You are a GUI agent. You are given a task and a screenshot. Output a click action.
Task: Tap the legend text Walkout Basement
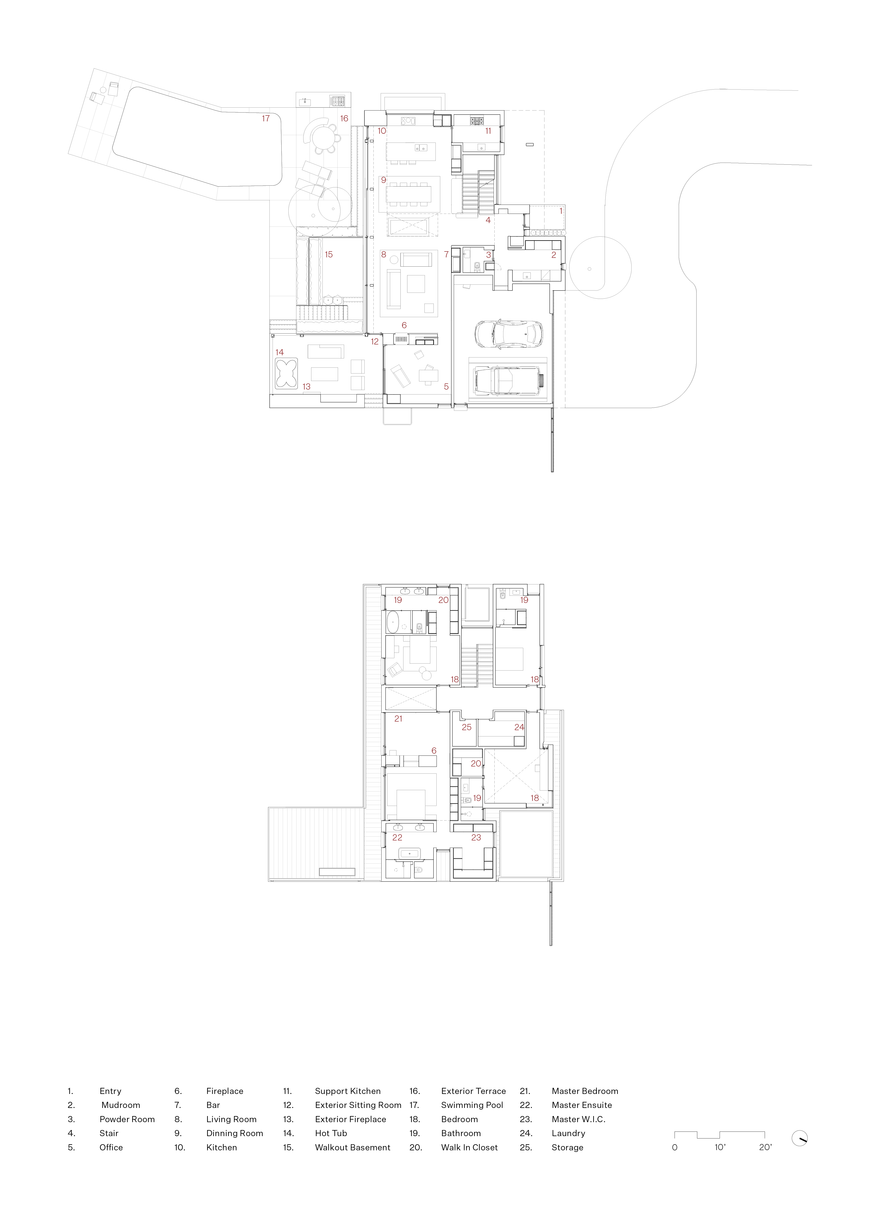click(352, 1147)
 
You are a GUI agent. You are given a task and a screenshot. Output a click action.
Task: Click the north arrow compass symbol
click(799, 1138)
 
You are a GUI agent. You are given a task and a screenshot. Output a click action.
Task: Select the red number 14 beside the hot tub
click(279, 352)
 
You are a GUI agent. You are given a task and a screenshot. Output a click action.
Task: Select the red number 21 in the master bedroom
click(398, 719)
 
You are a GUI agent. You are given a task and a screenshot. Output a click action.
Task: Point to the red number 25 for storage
click(466, 727)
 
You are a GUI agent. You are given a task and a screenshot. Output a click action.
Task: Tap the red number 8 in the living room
click(384, 255)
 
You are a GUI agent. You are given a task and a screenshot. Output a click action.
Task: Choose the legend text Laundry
click(568, 1133)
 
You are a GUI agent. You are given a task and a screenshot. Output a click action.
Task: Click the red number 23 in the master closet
click(476, 837)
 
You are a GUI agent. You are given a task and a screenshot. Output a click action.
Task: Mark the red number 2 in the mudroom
click(553, 255)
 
